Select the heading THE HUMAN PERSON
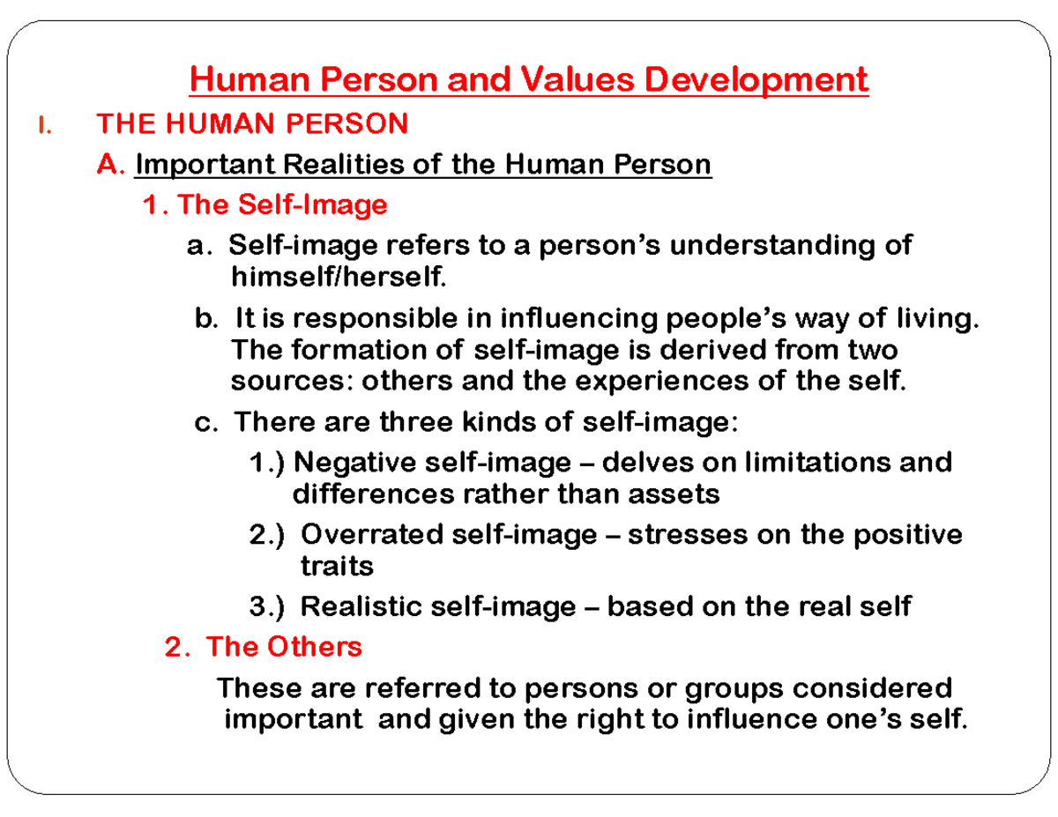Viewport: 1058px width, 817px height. [251, 124]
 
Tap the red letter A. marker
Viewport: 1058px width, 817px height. [113, 165]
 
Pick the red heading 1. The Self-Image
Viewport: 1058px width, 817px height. [264, 205]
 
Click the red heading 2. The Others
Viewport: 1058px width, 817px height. [264, 647]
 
